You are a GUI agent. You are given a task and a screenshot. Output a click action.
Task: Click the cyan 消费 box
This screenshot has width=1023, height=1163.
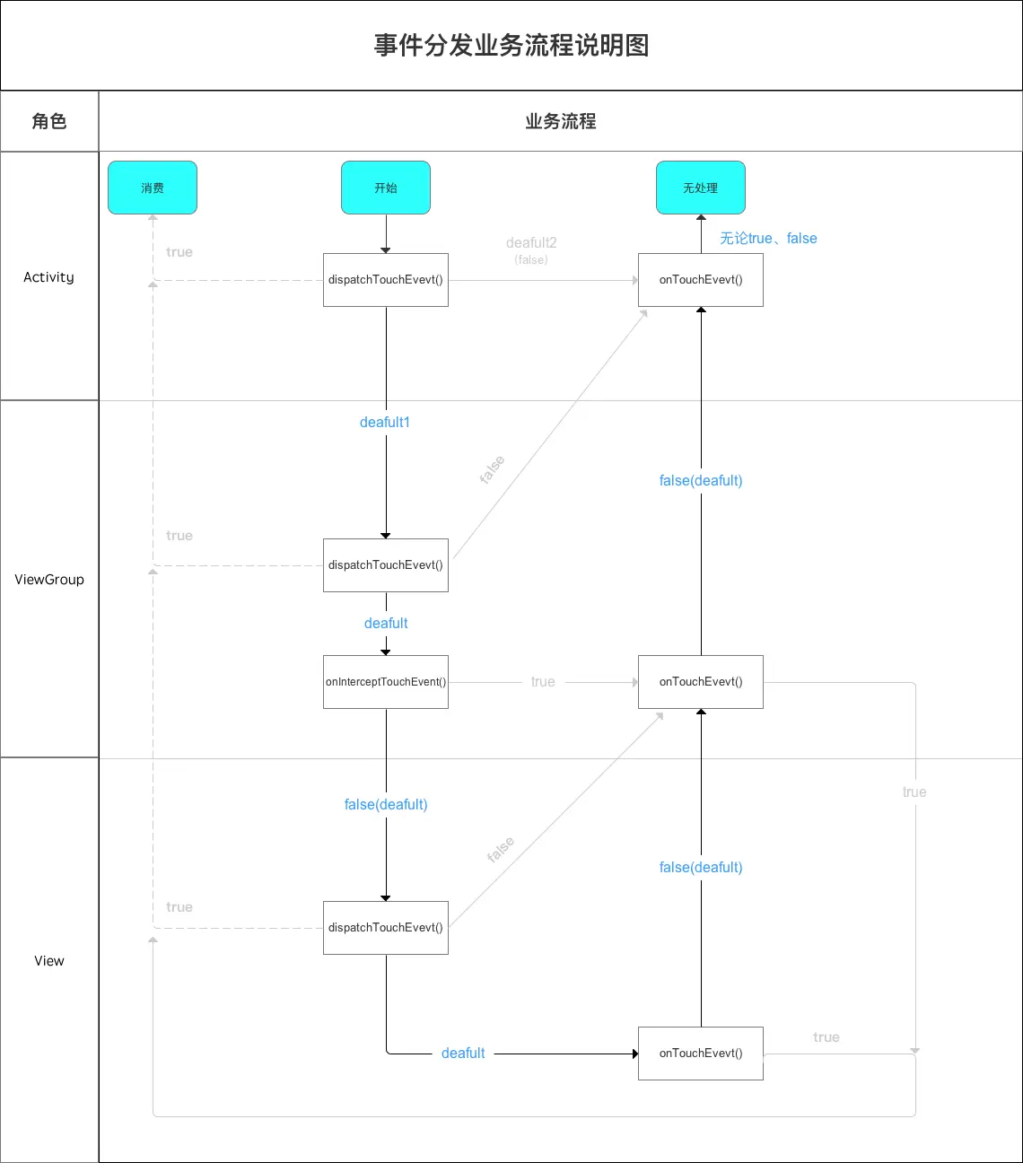(x=153, y=188)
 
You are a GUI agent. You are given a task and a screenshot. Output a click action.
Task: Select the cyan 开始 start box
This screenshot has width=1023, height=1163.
(x=386, y=188)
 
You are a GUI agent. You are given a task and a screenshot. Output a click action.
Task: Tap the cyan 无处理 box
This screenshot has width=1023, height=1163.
(x=701, y=188)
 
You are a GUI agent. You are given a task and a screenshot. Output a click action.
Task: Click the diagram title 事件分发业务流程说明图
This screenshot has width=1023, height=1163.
(x=511, y=46)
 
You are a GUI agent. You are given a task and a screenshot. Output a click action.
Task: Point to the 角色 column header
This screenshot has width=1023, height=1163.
(x=49, y=121)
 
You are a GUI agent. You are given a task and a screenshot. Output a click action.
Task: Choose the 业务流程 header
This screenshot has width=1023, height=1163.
(x=560, y=121)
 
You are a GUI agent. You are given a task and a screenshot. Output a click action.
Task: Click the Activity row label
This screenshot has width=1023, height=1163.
(x=49, y=277)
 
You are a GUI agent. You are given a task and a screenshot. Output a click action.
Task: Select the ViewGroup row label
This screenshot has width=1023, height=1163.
(x=49, y=580)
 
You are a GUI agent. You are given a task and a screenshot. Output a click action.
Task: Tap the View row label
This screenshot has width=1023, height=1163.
(x=49, y=961)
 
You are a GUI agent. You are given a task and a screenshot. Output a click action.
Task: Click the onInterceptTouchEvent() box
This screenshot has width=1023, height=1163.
(x=386, y=682)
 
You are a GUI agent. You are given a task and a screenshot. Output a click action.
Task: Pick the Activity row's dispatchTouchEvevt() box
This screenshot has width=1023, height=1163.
(x=386, y=280)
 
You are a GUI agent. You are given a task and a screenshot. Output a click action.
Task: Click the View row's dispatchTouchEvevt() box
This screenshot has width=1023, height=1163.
(x=386, y=928)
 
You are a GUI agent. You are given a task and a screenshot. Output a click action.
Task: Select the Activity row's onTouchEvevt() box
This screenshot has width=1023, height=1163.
(x=701, y=280)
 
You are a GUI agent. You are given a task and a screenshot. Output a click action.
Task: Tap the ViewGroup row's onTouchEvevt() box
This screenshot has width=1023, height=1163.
(x=701, y=682)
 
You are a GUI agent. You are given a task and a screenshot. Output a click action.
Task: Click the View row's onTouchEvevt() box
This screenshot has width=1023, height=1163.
(x=701, y=1054)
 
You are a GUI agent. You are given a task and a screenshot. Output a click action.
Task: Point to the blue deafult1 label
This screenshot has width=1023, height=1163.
(x=385, y=423)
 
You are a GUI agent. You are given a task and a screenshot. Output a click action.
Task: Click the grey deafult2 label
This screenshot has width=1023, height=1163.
(x=531, y=243)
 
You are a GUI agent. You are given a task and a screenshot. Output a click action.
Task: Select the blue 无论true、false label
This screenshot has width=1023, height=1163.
(x=768, y=239)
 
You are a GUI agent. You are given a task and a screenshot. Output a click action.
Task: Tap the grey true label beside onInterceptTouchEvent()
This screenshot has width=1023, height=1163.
(x=543, y=682)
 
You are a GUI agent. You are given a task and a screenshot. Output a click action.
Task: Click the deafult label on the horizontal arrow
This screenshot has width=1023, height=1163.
(x=463, y=1054)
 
